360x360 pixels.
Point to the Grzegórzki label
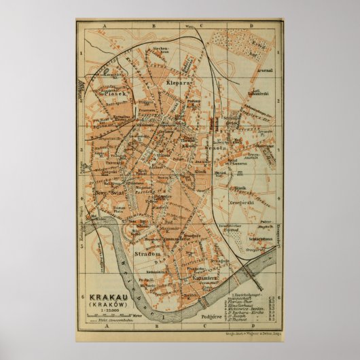click(240, 201)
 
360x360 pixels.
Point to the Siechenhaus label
click(160, 50)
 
